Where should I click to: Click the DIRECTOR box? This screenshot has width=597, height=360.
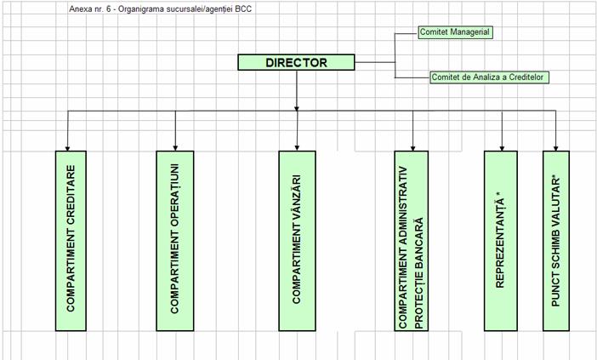pos(295,62)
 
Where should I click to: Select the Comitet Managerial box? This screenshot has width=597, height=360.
pos(455,32)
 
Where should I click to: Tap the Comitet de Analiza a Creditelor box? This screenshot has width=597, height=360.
pos(488,77)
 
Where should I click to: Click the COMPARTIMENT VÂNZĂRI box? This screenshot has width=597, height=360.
pos(297,241)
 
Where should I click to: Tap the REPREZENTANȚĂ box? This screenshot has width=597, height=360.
pos(501,241)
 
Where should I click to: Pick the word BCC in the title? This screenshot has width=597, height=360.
pos(243,9)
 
